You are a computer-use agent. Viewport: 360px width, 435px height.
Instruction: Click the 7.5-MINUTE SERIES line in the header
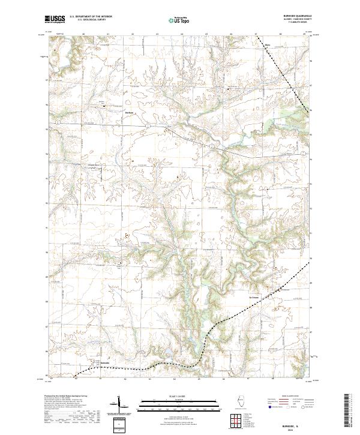click(x=292, y=23)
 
